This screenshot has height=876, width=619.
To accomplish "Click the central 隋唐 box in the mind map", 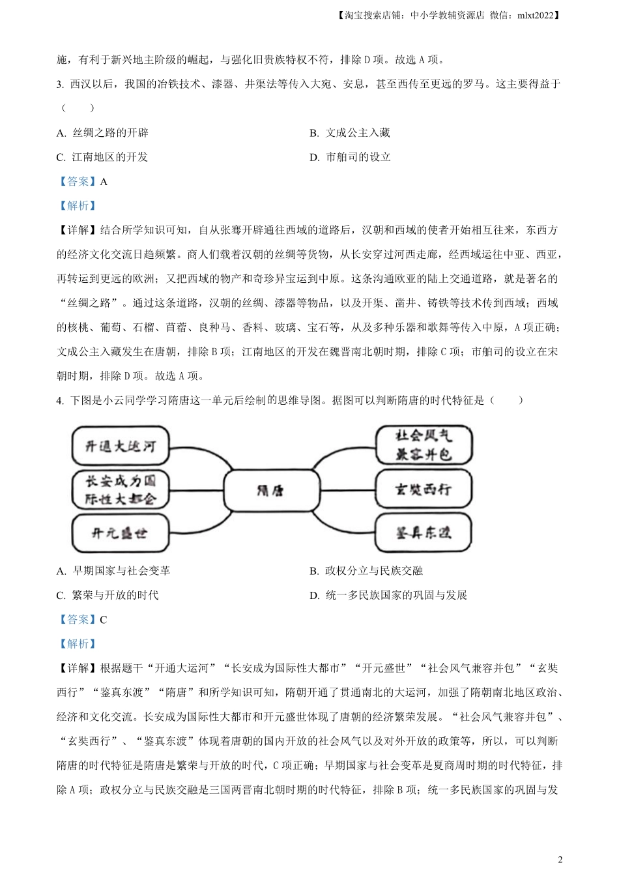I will [271, 490].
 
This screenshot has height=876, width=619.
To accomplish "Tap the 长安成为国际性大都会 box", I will [121, 490].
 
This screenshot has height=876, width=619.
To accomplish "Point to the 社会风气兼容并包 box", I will [424, 445].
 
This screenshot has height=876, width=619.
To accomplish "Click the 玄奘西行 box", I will [424, 489].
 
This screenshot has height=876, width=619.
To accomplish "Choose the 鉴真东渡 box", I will [424, 533].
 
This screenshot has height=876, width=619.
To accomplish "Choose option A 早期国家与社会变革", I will [113, 571].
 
